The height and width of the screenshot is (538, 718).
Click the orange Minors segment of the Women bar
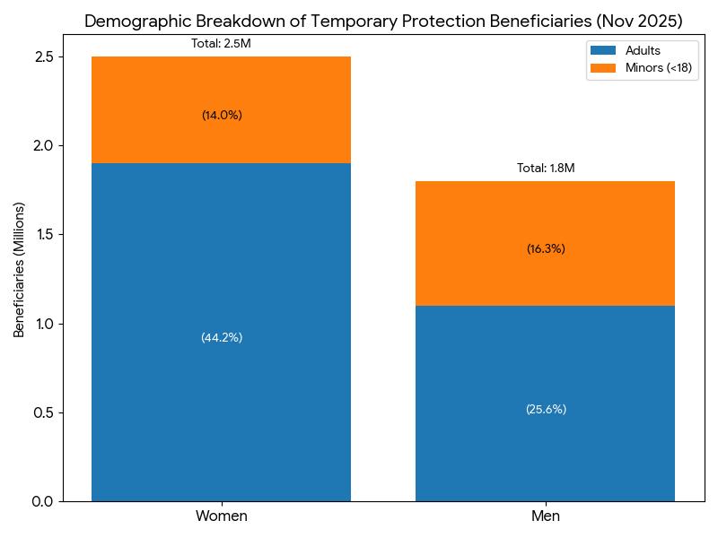tap(221, 109)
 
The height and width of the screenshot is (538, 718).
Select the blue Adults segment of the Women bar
tap(221, 332)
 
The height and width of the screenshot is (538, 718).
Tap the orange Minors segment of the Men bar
tap(545, 243)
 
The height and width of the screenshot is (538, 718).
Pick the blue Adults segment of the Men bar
tap(545, 403)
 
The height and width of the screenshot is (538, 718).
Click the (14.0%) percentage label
tap(222, 115)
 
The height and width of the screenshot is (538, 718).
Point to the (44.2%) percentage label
tap(222, 338)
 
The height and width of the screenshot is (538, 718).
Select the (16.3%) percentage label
tap(546, 249)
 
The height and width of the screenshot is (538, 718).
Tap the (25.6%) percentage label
tap(546, 409)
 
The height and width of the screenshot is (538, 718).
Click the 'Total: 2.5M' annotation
tap(221, 43)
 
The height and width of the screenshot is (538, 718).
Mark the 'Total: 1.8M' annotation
tap(546, 168)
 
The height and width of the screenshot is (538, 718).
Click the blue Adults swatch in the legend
tap(603, 50)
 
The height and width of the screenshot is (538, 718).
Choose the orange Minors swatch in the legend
tap(603, 68)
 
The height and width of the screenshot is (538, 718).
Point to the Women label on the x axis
tap(222, 516)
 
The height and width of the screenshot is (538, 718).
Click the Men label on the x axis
tap(546, 516)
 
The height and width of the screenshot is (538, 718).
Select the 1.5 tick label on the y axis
tap(44, 235)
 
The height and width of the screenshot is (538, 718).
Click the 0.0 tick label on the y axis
tap(43, 502)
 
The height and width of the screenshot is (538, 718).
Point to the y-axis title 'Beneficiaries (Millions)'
tap(19, 270)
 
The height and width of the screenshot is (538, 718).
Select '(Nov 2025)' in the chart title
tap(639, 21)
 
